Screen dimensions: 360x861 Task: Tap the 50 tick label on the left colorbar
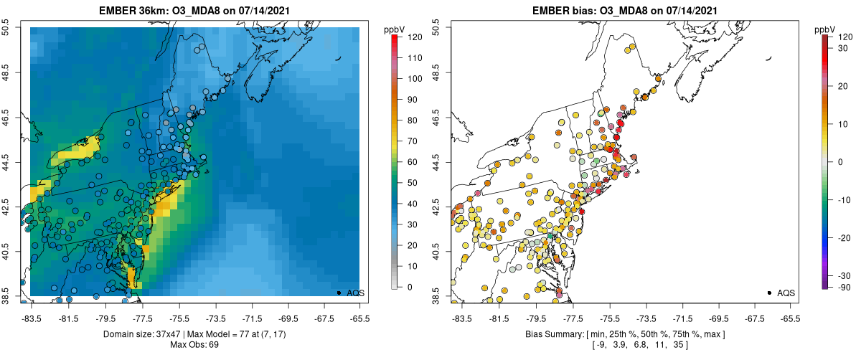413,183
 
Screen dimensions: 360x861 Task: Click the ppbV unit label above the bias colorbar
826,29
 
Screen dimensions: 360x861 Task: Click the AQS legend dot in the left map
338,293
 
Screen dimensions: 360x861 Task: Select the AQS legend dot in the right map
768,293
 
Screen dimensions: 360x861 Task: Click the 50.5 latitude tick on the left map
6,27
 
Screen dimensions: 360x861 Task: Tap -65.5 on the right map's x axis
789,318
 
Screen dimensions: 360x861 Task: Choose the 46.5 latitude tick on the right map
436,115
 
